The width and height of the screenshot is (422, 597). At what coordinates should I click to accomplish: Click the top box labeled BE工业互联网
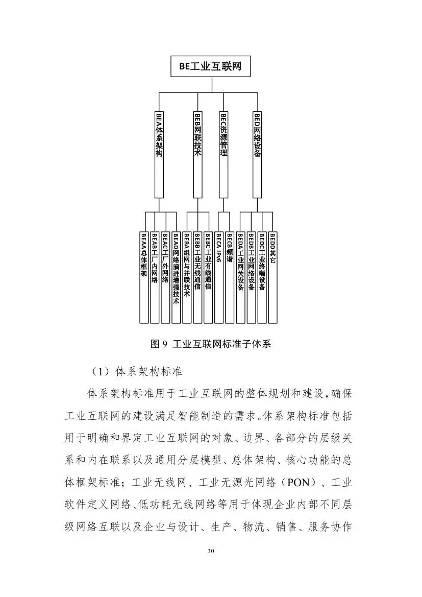[x=210, y=66]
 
